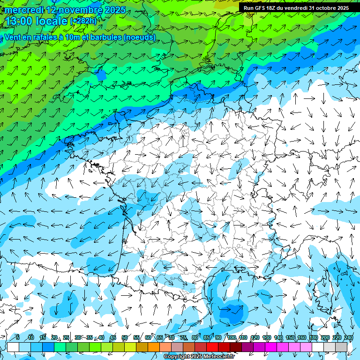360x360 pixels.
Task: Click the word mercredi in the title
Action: (x=23, y=10)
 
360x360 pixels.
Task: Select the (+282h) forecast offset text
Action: (x=83, y=21)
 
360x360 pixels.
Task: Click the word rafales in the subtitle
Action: (x=49, y=37)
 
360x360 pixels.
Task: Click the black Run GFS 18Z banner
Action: (x=296, y=8)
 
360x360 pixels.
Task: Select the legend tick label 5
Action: (x=17, y=337)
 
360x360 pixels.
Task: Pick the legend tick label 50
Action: (x=125, y=337)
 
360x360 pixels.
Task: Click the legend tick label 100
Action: (x=232, y=337)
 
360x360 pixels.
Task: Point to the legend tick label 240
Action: (x=349, y=337)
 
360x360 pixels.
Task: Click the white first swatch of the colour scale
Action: (x=13, y=347)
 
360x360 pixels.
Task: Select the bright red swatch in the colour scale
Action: (x=212, y=347)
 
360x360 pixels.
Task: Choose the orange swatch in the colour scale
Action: (x=154, y=347)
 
